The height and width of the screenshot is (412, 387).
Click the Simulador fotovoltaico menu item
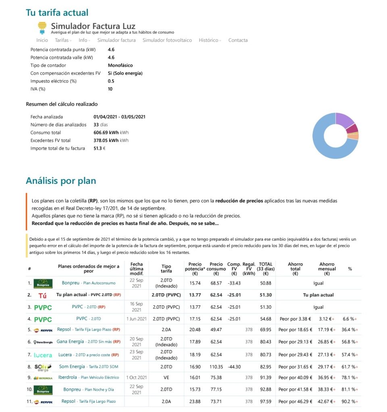pos(167,40)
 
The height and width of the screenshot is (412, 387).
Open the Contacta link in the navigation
pos(238,40)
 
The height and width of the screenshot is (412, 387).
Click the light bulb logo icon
pos(42,27)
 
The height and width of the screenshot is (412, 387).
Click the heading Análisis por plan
pos(61,181)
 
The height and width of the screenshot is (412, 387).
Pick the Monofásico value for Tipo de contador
pos(120,65)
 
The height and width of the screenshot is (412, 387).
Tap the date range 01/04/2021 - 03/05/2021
pos(119,117)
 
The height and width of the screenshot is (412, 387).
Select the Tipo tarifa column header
pos(166,268)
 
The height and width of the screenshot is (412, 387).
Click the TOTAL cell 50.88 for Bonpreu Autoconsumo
pos(265,283)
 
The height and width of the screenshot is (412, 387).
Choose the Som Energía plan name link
pos(72,367)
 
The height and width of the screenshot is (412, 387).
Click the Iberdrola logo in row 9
pos(43,378)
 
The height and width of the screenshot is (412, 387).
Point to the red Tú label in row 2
pos(42,295)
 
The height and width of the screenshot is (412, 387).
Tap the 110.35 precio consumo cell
pos(216,367)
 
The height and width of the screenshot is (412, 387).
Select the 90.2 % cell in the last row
pos(349,402)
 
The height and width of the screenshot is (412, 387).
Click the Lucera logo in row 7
pos(43,355)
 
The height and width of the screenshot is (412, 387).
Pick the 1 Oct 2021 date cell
pos(136,377)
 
